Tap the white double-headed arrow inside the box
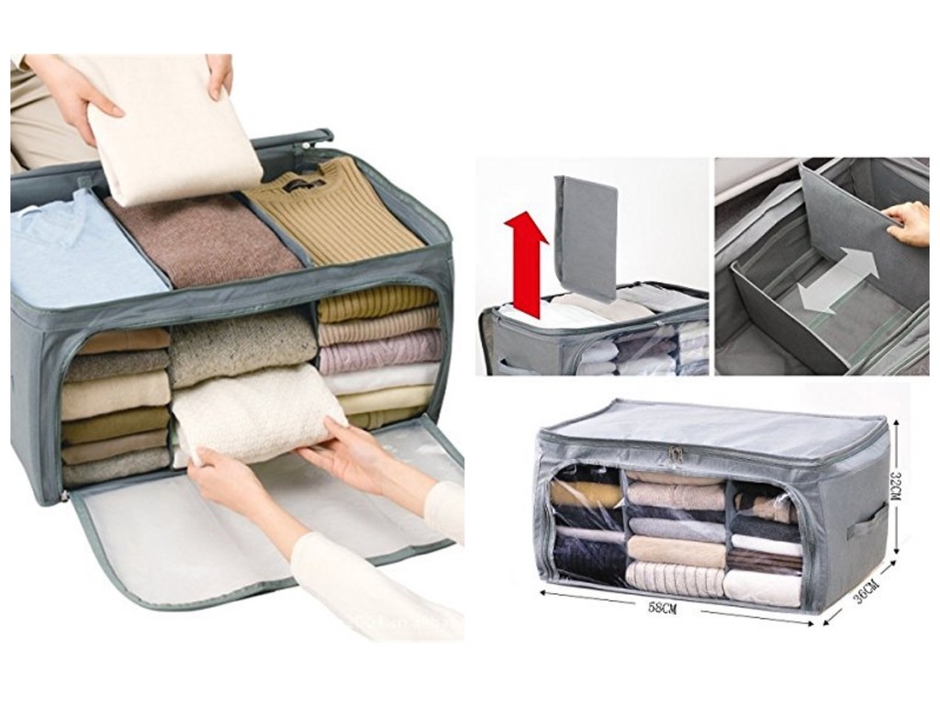pyautogui.click(x=837, y=280)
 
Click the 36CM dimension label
pyautogui.click(x=864, y=592)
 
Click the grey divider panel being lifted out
pyautogui.click(x=586, y=234)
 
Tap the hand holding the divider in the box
pyautogui.click(x=909, y=222)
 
